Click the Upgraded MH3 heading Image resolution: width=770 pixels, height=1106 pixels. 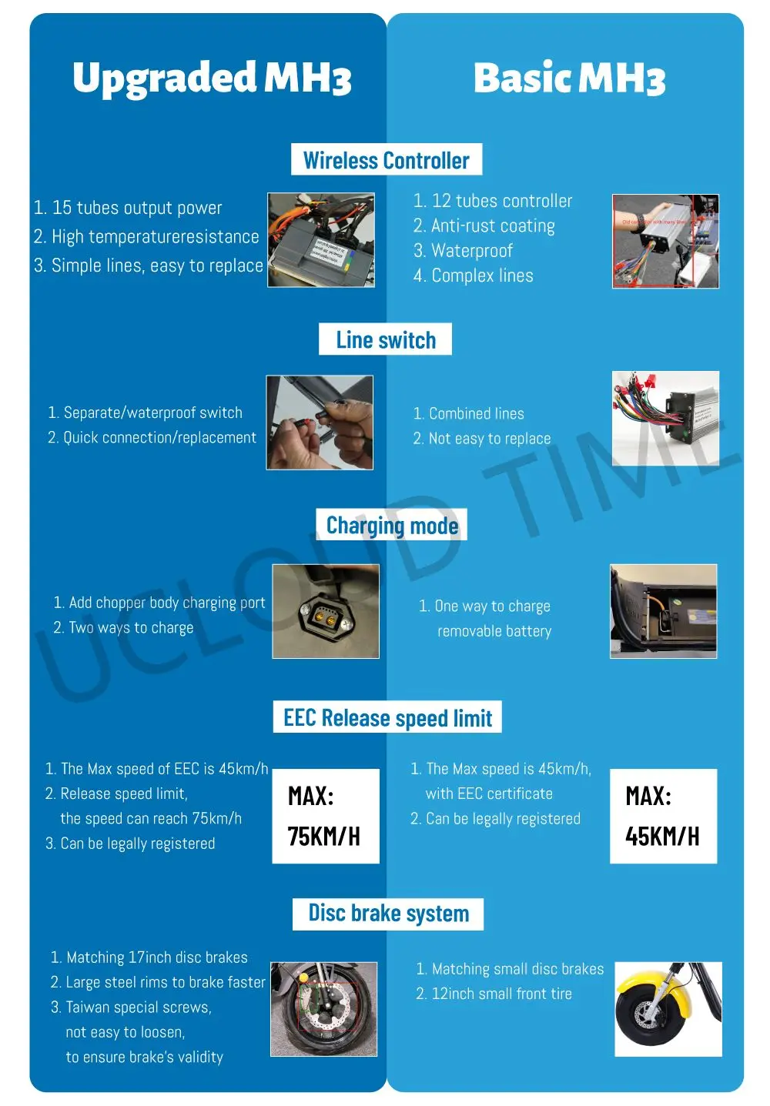(x=212, y=79)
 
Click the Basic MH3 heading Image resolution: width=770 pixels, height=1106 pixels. (x=569, y=79)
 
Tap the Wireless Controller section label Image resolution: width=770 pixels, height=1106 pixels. (x=386, y=160)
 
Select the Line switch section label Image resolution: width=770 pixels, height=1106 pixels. (x=385, y=339)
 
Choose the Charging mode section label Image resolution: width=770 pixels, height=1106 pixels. (x=392, y=525)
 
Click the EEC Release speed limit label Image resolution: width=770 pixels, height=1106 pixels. (x=387, y=717)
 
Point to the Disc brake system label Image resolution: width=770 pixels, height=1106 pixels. (x=388, y=914)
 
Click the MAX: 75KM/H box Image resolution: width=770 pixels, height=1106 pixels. (x=326, y=816)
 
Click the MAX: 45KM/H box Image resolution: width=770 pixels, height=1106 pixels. (x=663, y=816)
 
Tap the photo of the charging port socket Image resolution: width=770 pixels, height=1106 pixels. (x=326, y=612)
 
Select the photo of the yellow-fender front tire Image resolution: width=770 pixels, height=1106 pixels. (x=668, y=1008)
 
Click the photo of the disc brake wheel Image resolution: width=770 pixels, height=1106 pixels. (x=324, y=1008)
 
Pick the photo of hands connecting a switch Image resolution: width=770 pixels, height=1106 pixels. (x=320, y=423)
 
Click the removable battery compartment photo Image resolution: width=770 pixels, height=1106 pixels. (x=663, y=612)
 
